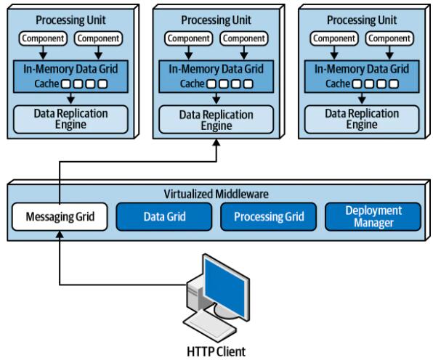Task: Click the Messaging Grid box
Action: (60, 216)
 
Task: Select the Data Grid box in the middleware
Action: (164, 216)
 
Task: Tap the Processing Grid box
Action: (269, 216)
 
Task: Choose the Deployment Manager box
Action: (373, 216)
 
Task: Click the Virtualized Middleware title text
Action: (216, 194)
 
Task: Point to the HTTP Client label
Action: (216, 351)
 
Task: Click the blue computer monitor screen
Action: (224, 287)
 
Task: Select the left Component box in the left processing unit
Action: (43, 38)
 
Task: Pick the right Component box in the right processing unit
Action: (389, 38)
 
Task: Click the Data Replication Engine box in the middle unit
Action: (216, 120)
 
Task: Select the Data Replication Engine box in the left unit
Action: (70, 119)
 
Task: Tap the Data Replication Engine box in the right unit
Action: (362, 119)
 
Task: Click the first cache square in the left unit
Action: (65, 84)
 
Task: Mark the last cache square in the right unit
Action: (394, 84)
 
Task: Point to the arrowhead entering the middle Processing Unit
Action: (216, 142)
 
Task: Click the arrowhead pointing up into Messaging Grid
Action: (60, 234)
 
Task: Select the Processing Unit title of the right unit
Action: (362, 20)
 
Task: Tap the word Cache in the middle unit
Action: (193, 83)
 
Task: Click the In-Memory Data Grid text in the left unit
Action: (70, 69)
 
